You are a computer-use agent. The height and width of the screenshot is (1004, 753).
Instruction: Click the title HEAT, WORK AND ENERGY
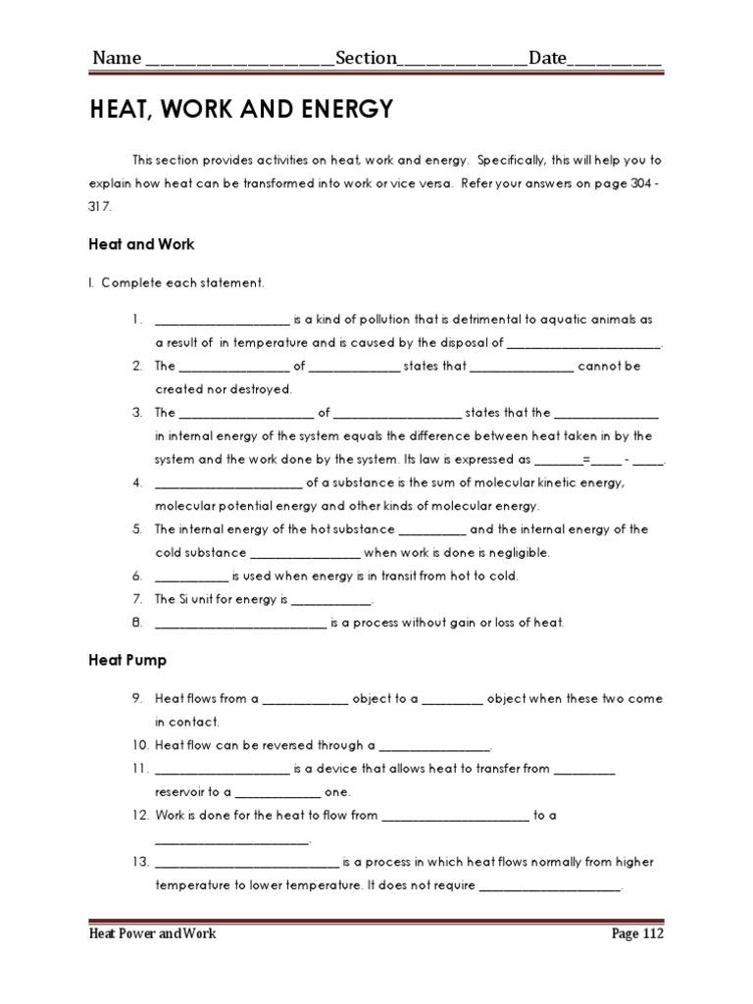[x=240, y=110]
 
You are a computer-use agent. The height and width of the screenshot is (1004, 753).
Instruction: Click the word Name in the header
[x=117, y=58]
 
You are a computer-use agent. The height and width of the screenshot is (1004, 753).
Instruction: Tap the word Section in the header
[x=366, y=58]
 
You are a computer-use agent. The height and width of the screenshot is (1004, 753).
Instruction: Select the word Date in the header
[x=548, y=58]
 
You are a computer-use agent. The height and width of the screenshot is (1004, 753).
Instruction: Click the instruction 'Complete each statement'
[x=176, y=283]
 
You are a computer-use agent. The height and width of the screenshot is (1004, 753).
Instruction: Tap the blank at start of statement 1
[x=222, y=320]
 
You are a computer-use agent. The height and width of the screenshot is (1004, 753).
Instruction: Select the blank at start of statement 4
[x=228, y=482]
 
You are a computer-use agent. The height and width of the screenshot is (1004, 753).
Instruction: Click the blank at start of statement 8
[x=239, y=623]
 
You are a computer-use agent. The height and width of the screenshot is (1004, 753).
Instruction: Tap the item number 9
[x=138, y=699]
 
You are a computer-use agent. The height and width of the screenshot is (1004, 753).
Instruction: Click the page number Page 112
[x=636, y=934]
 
